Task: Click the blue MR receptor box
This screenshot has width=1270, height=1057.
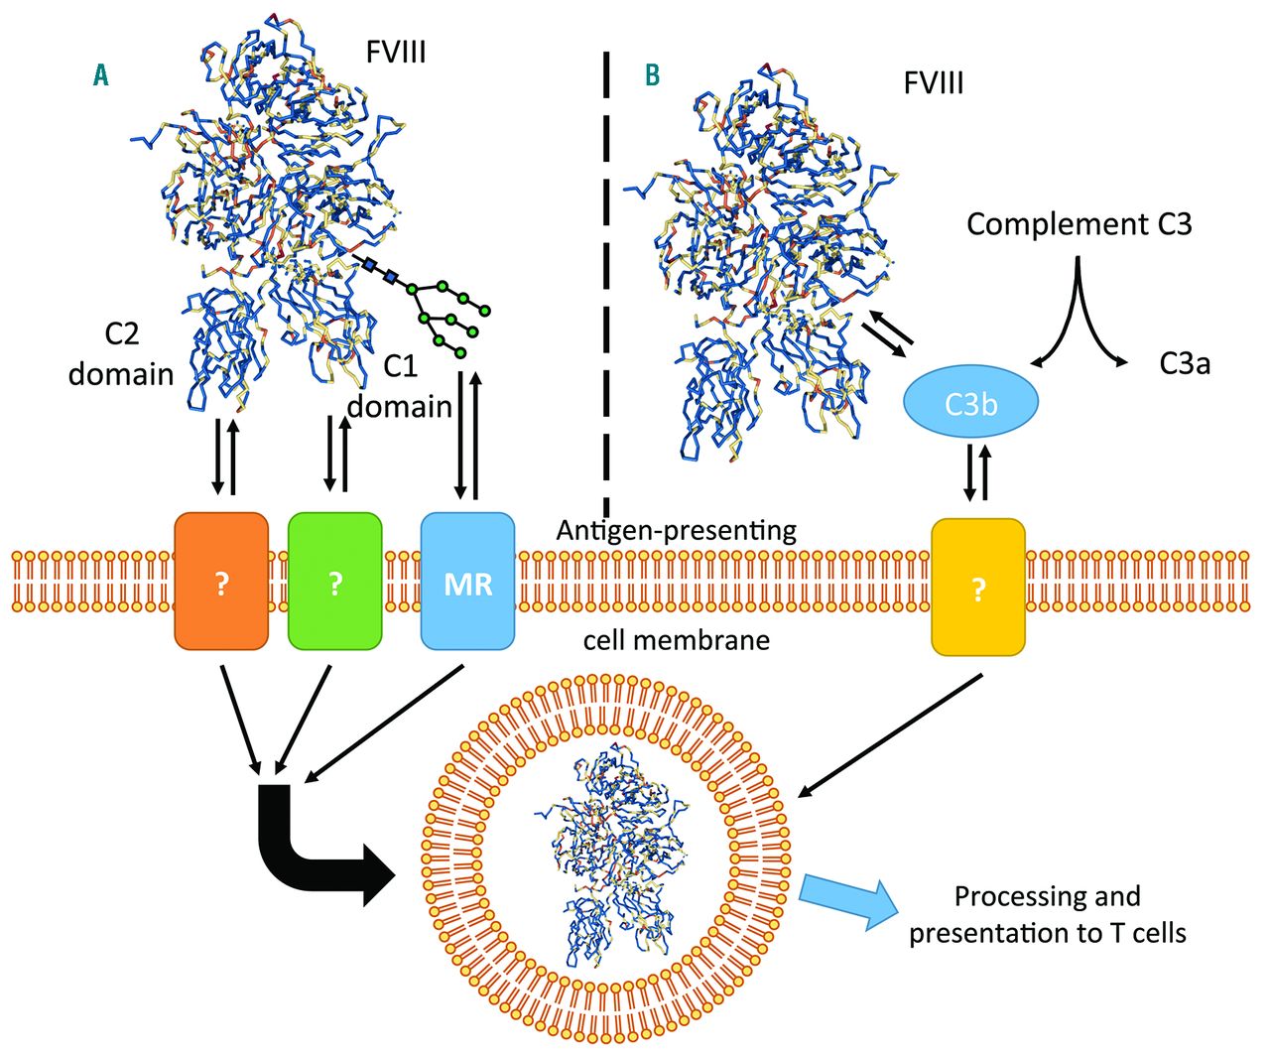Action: pos(467,582)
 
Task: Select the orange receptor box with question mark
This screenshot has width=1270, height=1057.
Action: pos(221,582)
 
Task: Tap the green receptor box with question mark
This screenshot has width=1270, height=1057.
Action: pos(334,582)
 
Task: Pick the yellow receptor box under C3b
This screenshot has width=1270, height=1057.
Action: pos(978,588)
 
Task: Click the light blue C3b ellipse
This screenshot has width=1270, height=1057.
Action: pos(970,403)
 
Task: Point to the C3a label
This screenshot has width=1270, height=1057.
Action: pos(1185,364)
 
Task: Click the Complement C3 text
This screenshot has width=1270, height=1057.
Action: pos(1079,224)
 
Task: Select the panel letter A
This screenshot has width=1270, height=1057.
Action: pos(100,74)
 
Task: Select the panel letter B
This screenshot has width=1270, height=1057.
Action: pos(652,74)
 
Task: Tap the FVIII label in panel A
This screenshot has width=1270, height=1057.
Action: pos(396,52)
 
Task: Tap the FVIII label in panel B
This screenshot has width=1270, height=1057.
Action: pos(933,82)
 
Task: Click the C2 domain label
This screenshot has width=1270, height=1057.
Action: pos(121,354)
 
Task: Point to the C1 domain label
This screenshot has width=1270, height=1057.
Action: pos(400,387)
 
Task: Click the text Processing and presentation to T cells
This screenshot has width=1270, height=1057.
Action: pos(1047,914)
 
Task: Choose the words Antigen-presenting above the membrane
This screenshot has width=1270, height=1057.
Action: pos(676,530)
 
